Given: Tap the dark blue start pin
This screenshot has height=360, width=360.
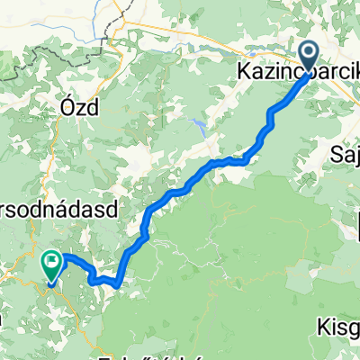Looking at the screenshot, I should (308, 56).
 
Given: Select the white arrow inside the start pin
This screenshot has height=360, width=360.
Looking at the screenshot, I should (308, 54).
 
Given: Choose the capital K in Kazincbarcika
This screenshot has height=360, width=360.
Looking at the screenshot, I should (243, 69).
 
